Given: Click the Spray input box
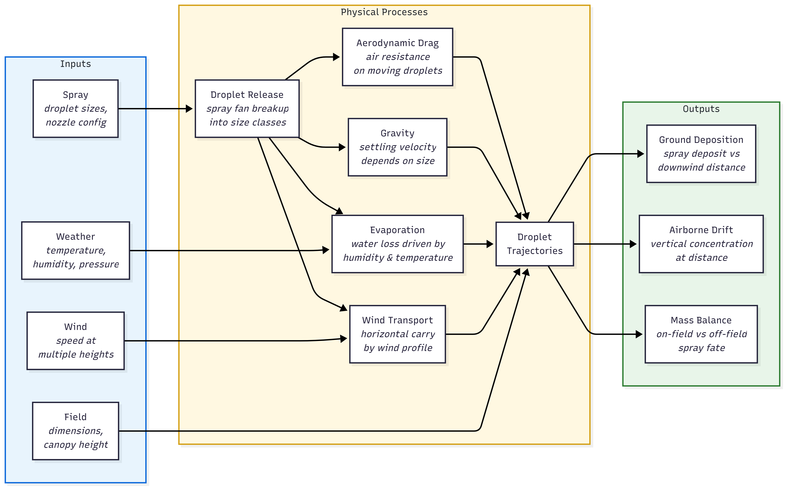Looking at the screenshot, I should coord(76,109).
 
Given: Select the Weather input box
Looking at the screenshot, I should coord(76,251).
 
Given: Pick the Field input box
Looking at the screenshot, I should coord(76,431).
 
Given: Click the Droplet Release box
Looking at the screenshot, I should coord(247,109).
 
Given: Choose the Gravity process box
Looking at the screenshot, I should coord(397,147).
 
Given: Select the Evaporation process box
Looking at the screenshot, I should coord(397,244).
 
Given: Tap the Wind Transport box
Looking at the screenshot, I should coord(397,334).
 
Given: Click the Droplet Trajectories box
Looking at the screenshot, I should coord(535,244).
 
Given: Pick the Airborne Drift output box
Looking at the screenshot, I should coord(701,244).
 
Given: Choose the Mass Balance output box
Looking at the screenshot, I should coord(701,334).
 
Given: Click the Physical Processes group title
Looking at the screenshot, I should coord(384,12).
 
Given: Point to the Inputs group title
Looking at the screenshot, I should coord(76,64).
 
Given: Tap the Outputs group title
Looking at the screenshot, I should coord(701,109).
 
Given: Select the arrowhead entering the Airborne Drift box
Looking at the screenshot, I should coord(633,244).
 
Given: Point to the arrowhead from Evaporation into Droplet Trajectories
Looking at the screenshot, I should coord(490,244).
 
